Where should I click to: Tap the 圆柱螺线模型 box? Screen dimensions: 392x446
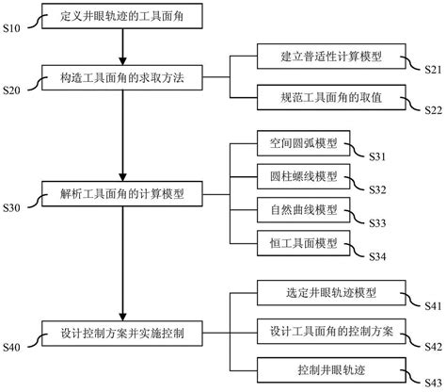(295, 175)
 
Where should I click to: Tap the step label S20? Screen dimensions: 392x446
(13, 90)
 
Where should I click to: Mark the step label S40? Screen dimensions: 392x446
(13, 347)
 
